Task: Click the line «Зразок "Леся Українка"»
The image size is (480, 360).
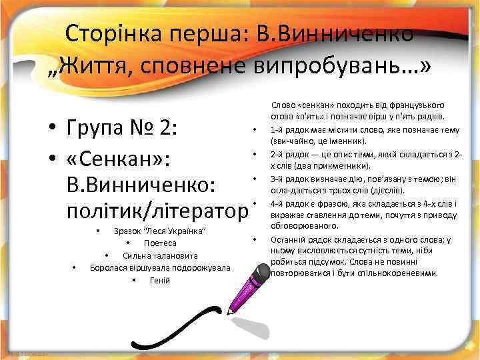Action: [159, 231]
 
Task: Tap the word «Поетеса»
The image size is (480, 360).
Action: [159, 243]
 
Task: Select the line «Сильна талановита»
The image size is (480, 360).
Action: [159, 255]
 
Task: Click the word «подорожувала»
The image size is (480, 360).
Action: [200, 267]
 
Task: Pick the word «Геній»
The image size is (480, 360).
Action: [159, 279]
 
